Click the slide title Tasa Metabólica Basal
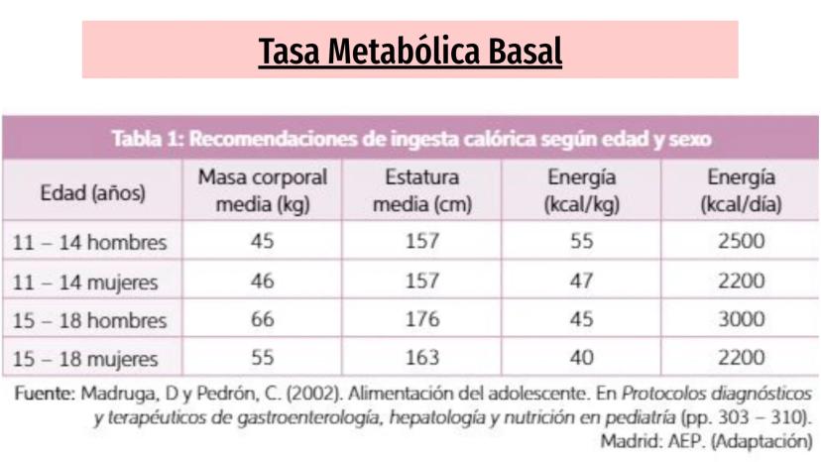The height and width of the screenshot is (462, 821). [410, 50]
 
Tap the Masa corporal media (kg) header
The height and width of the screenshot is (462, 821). [263, 191]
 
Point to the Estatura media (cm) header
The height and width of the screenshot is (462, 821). [422, 191]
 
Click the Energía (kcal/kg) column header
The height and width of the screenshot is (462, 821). [581, 191]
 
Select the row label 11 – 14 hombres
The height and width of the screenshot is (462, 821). [89, 242]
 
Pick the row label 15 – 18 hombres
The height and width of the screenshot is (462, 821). [89, 320]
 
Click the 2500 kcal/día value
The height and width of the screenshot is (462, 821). [741, 242]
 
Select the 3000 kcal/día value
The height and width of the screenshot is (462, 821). [741, 319]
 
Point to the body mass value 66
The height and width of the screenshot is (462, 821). [263, 319]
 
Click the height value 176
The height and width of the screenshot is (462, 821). [422, 319]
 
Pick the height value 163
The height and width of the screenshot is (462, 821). [422, 358]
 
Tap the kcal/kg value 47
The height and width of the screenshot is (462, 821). [581, 281]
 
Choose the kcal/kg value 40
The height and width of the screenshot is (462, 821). [581, 358]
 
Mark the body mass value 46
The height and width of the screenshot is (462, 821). [263, 281]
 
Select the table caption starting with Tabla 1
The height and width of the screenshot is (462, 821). [410, 139]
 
